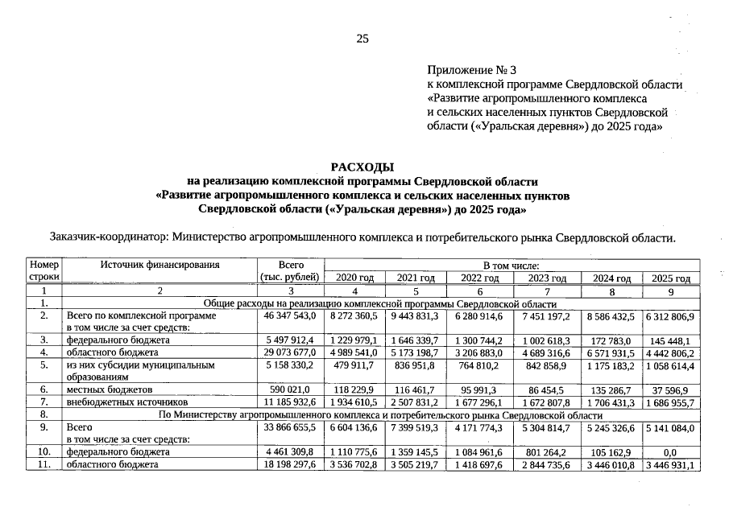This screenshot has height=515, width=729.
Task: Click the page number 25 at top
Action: (362, 39)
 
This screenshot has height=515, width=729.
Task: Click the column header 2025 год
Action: (671, 278)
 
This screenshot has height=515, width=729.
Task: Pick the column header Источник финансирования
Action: (159, 265)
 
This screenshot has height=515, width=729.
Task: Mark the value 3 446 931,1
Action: (671, 464)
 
